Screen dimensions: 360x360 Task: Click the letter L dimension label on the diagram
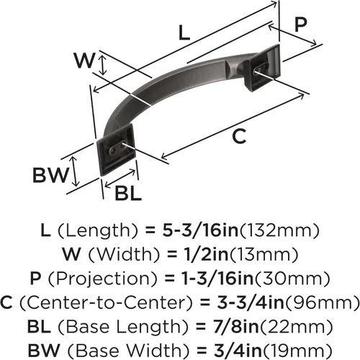(184, 32)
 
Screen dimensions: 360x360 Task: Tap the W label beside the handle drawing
(84, 60)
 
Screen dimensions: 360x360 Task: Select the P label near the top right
(300, 24)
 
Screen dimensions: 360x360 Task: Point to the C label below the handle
(239, 136)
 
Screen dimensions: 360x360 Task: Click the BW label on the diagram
(50, 175)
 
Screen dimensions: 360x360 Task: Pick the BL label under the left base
(128, 193)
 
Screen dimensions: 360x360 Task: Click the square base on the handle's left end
(116, 150)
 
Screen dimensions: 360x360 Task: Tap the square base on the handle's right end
(262, 68)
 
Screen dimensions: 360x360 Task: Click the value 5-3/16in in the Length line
(200, 230)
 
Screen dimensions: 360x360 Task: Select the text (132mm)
(279, 230)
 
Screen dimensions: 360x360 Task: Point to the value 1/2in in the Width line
(206, 254)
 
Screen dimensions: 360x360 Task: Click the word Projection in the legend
(102, 279)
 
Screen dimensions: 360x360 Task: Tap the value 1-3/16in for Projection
(217, 279)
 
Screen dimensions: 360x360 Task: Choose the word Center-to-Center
(106, 302)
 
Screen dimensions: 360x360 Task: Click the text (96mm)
(323, 302)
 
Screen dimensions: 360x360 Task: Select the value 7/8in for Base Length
(235, 327)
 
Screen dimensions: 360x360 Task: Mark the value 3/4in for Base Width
(238, 351)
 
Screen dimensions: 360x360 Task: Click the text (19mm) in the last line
(297, 351)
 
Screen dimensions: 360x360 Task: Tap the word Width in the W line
(124, 254)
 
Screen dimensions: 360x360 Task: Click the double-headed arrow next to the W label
(103, 65)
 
